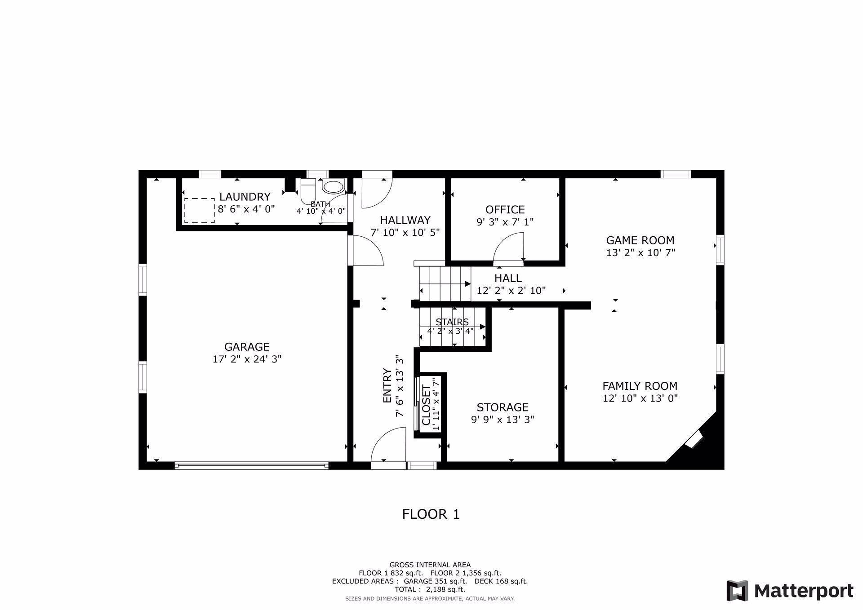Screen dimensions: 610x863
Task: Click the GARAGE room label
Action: point(247,347)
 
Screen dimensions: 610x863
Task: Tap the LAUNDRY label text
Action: point(245,197)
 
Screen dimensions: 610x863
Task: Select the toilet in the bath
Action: point(308,191)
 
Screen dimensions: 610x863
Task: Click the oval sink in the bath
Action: point(333,187)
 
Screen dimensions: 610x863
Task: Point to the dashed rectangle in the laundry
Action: point(199,210)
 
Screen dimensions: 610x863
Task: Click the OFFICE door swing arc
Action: point(509,247)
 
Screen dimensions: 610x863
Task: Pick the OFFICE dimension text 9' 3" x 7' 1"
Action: point(505,222)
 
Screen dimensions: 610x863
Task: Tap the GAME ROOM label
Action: point(640,240)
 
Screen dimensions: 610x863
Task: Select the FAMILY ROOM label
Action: point(640,386)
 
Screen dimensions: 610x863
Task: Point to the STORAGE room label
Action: point(503,407)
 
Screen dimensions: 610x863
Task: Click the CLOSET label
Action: point(426,405)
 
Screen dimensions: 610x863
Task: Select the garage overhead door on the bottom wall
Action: point(251,466)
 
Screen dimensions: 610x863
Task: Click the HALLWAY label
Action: point(405,220)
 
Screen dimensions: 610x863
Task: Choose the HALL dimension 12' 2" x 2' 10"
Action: point(511,291)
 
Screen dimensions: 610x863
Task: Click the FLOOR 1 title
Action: point(431,514)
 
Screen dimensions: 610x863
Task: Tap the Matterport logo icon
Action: point(737,590)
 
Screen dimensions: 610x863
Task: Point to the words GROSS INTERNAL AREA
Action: point(430,565)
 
